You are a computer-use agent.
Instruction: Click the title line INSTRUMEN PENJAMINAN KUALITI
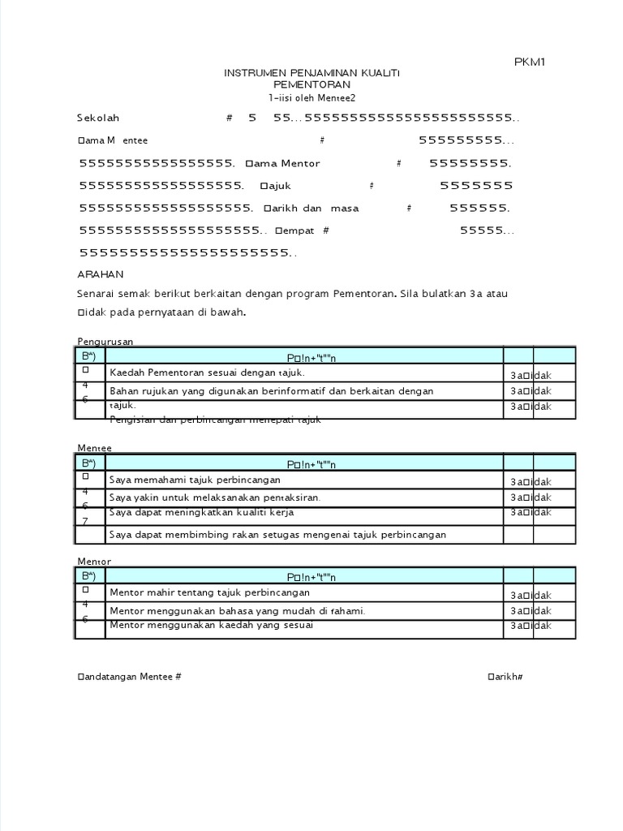tap(311, 74)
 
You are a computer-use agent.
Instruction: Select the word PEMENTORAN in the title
tap(311, 85)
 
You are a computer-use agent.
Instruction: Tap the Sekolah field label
tap(98, 118)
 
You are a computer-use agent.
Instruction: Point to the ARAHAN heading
tap(99, 275)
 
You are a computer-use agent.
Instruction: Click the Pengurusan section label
tap(105, 342)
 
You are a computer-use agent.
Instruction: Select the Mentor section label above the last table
tap(94, 562)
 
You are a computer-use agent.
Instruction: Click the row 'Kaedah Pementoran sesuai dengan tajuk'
tap(207, 372)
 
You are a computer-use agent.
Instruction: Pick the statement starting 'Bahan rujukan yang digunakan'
tap(271, 391)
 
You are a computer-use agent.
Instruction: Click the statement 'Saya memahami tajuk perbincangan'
tap(195, 480)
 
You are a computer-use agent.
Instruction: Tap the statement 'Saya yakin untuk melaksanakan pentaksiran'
tap(215, 497)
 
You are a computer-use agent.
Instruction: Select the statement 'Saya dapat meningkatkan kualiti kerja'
tap(201, 513)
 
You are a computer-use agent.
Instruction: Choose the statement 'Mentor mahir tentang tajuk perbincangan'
tap(208, 593)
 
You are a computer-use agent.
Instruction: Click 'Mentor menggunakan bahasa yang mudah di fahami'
tap(237, 610)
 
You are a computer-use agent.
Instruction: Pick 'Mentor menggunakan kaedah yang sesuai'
tap(211, 626)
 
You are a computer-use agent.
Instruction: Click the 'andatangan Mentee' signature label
tap(129, 676)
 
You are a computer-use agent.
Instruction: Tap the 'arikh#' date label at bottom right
tap(505, 676)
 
